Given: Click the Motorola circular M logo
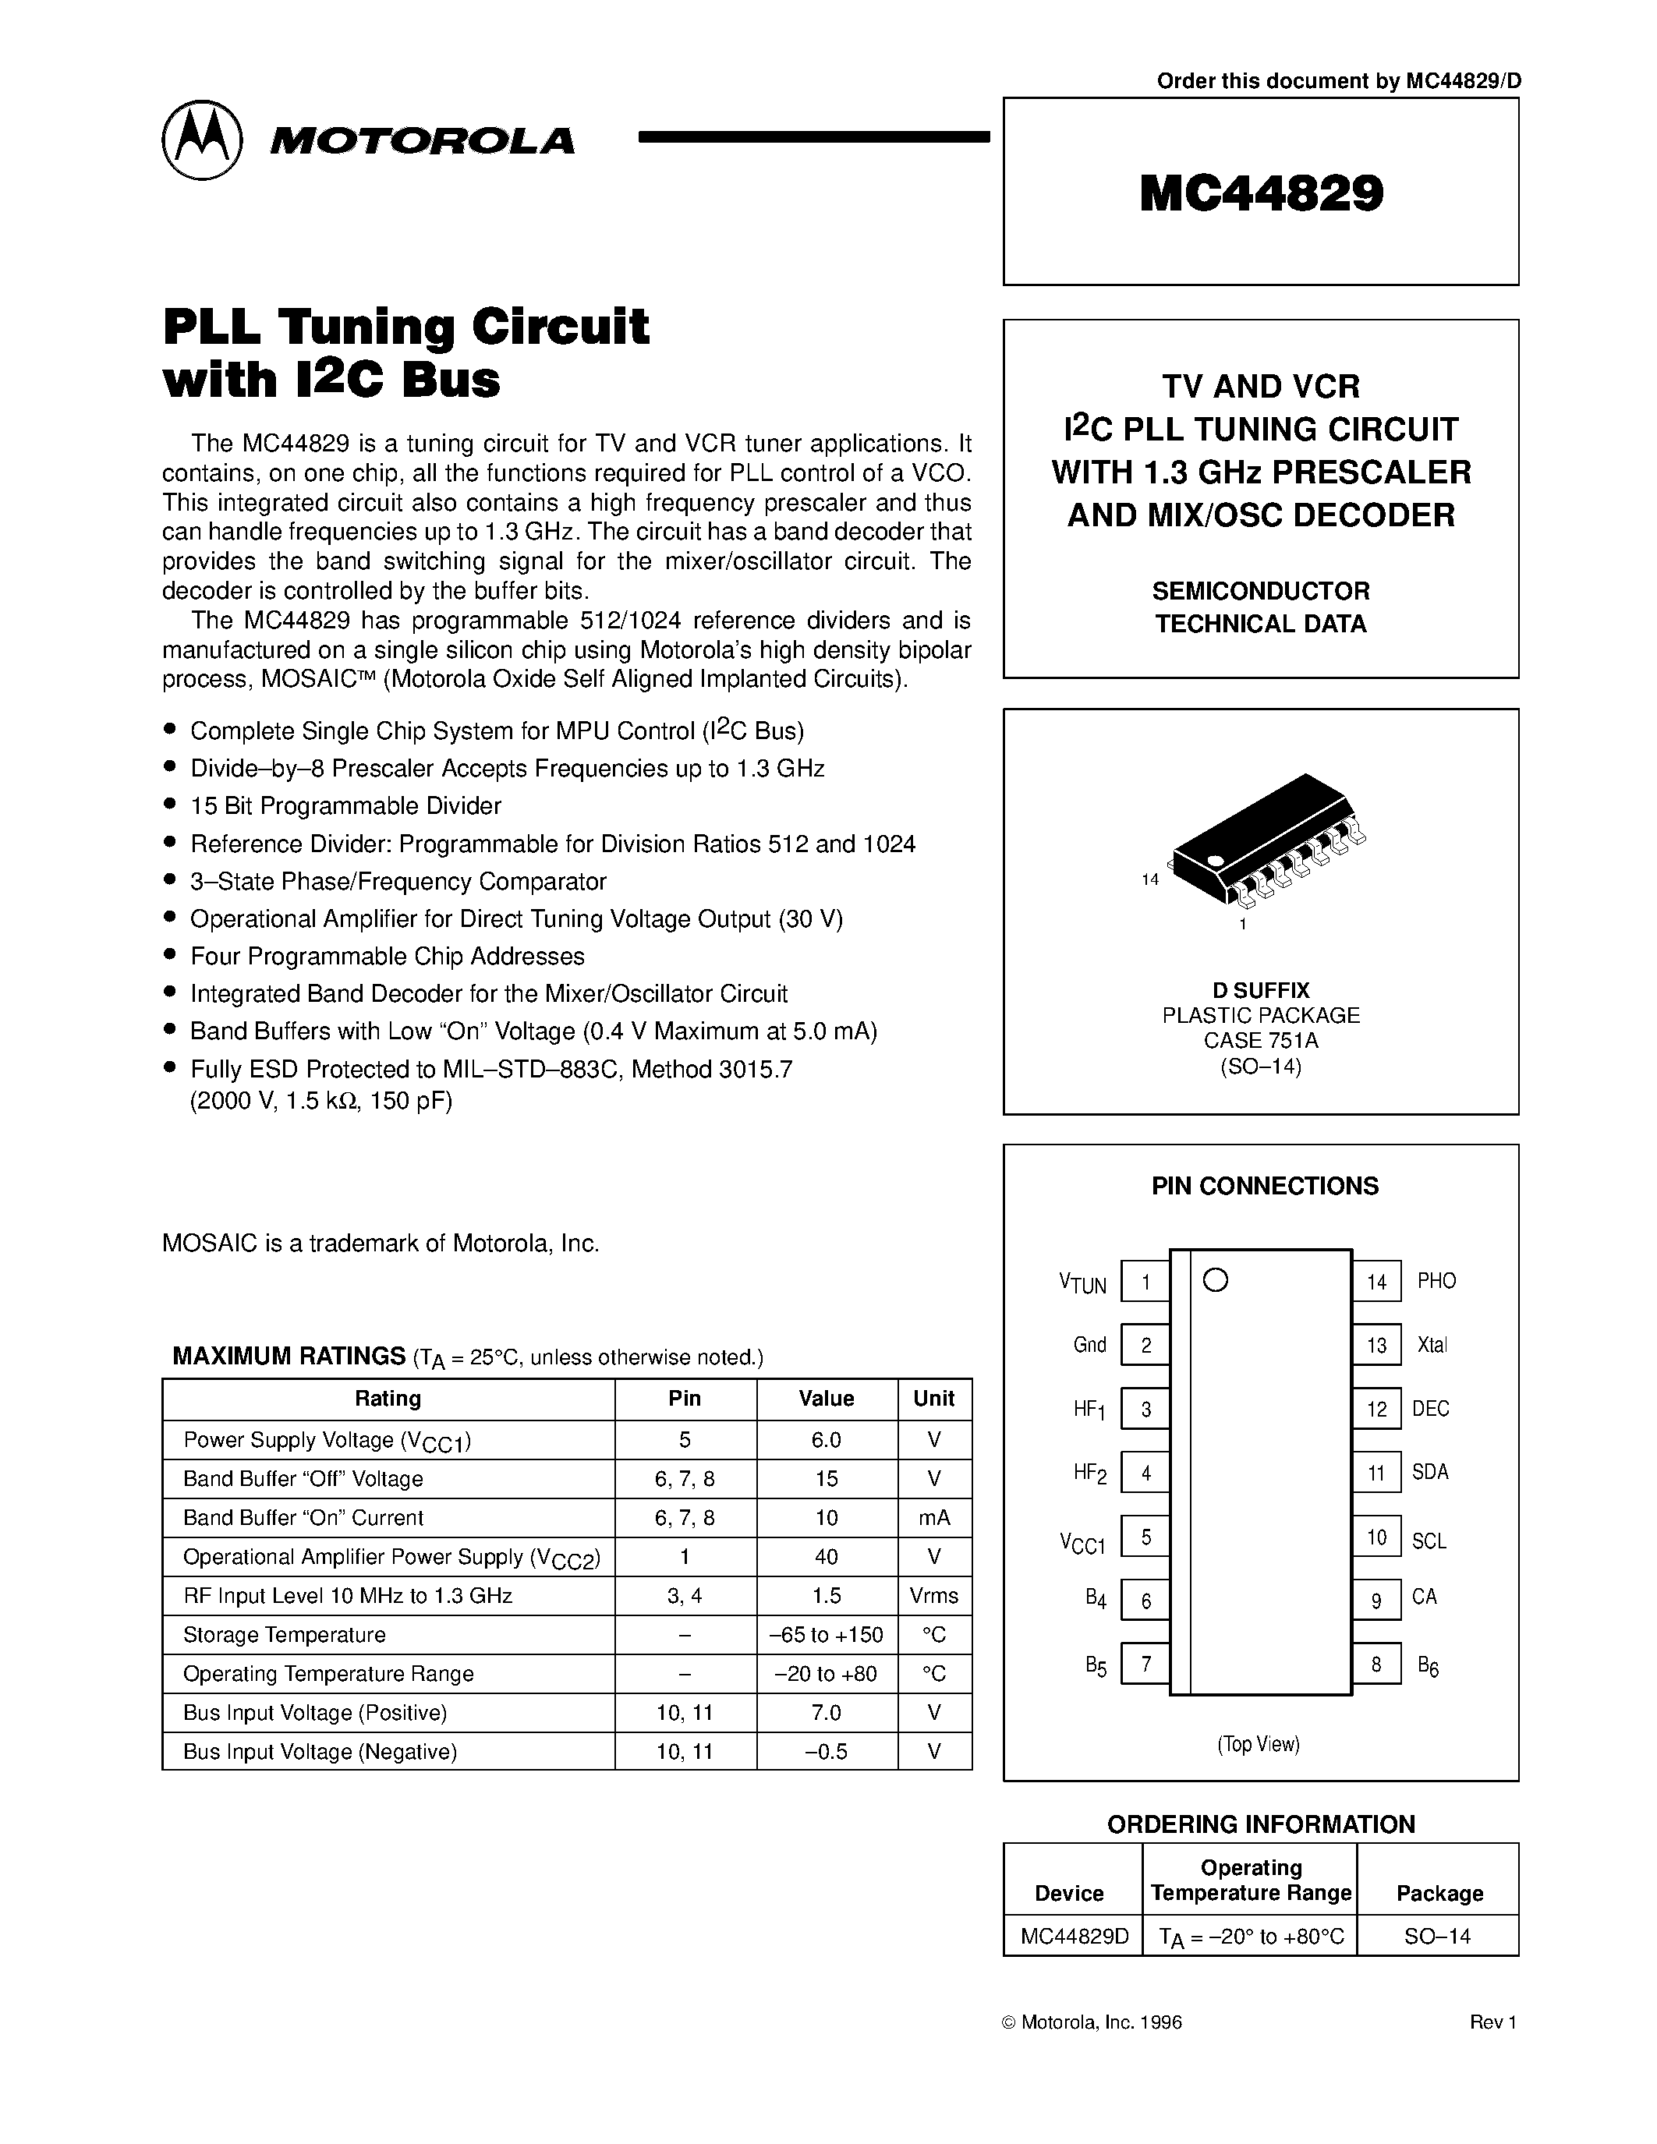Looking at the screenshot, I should [x=201, y=140].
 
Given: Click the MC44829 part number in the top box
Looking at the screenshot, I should [x=1262, y=193].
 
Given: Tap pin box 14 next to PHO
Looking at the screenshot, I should [x=1376, y=1282].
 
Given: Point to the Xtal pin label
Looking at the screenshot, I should [x=1432, y=1346].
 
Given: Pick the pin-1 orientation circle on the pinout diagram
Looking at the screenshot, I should [x=1216, y=1280].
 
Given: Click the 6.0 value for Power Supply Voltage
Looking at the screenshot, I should [x=827, y=1440].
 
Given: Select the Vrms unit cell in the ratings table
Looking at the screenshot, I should [x=933, y=1596].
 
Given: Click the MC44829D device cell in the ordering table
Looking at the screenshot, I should [x=1074, y=1937].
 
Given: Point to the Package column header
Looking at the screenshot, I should [x=1439, y=1894].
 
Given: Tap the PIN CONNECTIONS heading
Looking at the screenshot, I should [x=1264, y=1186].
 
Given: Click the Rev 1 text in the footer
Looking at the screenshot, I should [x=1493, y=2022].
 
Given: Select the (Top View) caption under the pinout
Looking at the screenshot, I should [x=1259, y=1745].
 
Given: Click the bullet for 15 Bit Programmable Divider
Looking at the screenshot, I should [x=171, y=805].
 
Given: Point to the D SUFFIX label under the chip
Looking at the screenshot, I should [x=1260, y=990].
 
